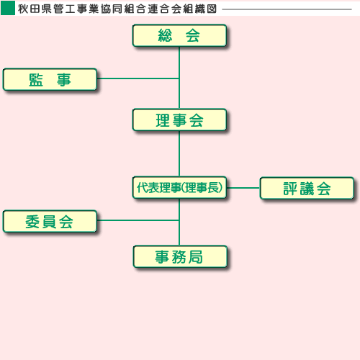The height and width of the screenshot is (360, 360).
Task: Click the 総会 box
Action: [x=179, y=35]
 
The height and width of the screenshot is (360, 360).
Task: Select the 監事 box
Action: [x=50, y=79]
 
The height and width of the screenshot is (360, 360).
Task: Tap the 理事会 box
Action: [x=179, y=120]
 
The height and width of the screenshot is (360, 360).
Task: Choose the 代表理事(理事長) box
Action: [x=179, y=188]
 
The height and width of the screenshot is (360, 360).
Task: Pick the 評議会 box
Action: [x=307, y=188]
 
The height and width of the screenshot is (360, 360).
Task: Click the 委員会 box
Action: [x=50, y=221]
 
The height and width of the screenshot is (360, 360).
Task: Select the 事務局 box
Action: [x=180, y=256]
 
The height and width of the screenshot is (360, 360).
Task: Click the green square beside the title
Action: [x=8, y=9]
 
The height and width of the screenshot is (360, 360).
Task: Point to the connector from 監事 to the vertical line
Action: [x=138, y=78]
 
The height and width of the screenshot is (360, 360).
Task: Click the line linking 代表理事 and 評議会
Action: [x=243, y=188]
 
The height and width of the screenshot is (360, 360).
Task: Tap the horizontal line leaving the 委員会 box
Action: [x=138, y=220]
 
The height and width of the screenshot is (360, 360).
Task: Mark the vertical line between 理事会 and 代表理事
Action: [x=179, y=154]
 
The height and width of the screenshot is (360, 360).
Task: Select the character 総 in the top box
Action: [x=165, y=35]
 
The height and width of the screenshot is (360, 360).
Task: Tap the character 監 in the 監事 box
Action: [x=36, y=80]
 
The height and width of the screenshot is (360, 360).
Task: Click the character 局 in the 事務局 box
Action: [x=196, y=257]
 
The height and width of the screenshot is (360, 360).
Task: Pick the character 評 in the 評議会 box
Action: [x=290, y=189]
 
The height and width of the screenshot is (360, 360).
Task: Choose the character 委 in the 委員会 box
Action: [x=32, y=222]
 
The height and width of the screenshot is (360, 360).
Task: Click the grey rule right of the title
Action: [x=287, y=9]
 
